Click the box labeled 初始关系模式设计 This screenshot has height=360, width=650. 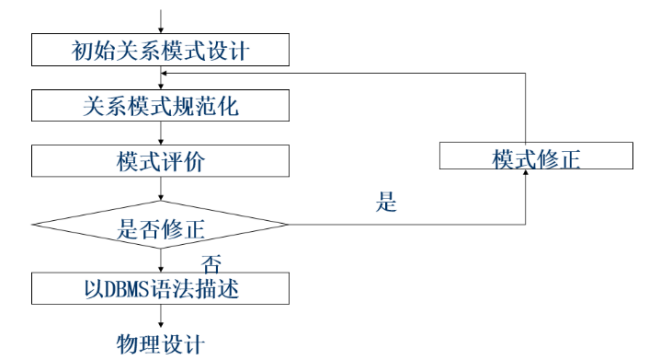(x=160, y=48)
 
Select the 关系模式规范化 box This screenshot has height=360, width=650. (x=160, y=103)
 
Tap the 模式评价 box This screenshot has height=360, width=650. (x=160, y=159)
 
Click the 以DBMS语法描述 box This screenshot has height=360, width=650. (x=160, y=290)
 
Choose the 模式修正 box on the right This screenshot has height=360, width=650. (x=536, y=157)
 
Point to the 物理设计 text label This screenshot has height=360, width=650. (x=160, y=345)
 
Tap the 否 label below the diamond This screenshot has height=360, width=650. (x=211, y=264)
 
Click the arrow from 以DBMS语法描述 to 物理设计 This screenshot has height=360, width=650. (x=160, y=318)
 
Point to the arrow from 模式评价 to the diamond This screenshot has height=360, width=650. (x=160, y=187)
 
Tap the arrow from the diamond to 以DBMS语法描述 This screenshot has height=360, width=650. (x=160, y=263)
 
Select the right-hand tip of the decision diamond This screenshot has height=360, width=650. (x=290, y=225)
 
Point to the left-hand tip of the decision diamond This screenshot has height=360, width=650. (x=31, y=225)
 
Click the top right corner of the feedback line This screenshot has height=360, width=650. (x=527, y=73)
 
